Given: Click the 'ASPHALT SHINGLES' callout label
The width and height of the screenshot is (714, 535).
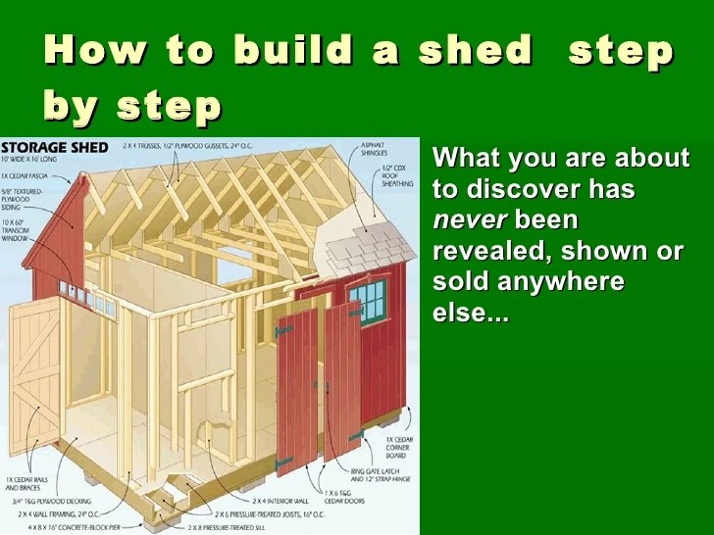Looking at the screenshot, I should coord(374,150).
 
